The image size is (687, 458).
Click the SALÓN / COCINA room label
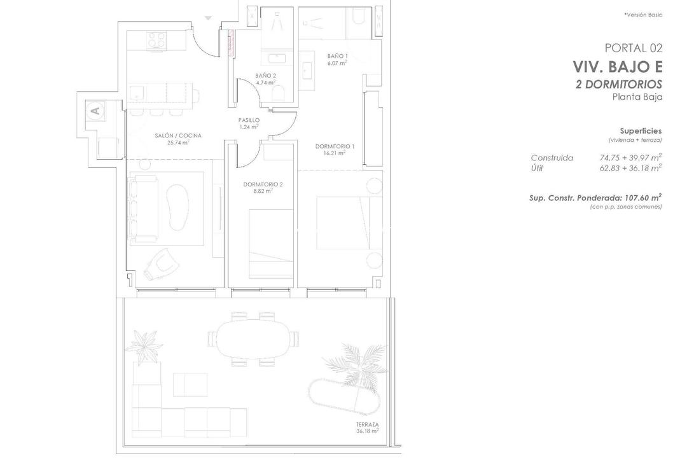[178, 135]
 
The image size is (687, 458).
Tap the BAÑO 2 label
[265, 76]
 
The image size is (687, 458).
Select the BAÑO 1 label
[337, 56]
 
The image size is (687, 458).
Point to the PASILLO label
[249, 120]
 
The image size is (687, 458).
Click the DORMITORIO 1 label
[335, 146]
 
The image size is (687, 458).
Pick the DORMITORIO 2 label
[263, 184]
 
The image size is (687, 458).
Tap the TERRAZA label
[368, 424]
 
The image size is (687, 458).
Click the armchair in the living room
[159, 262]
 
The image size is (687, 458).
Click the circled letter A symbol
[95, 111]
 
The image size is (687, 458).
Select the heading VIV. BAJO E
[617, 67]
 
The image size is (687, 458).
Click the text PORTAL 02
[633, 48]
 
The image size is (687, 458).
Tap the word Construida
[552, 158]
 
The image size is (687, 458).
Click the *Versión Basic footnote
[643, 15]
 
